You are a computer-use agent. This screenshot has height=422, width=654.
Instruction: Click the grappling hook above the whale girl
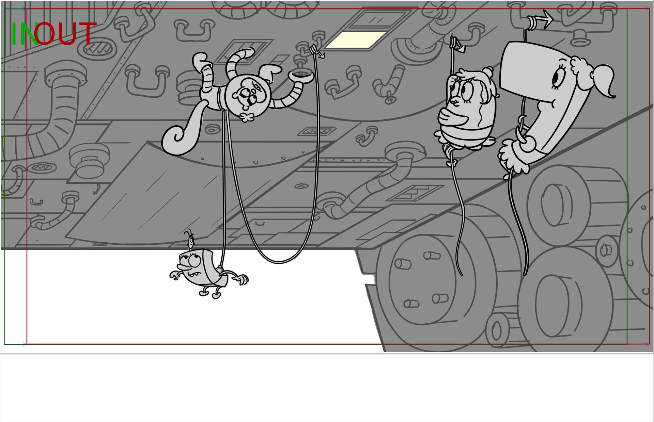(x=540, y=20)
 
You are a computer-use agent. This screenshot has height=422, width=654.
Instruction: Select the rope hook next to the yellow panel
(x=317, y=51)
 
